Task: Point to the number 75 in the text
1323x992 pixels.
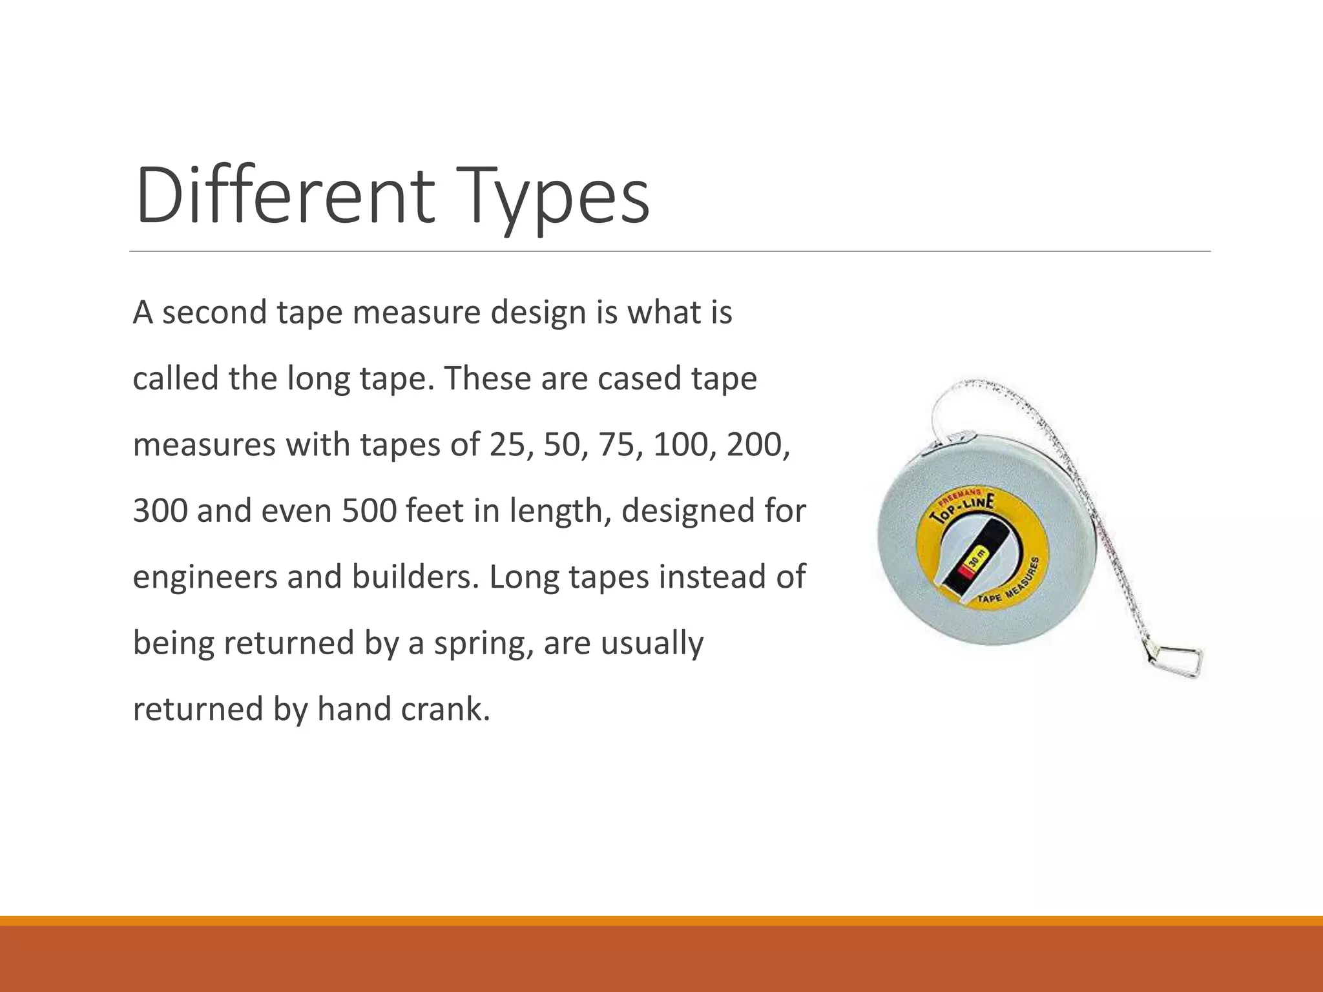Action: tap(616, 445)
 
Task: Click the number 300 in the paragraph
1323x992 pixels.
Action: tap(160, 511)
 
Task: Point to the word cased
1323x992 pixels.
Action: tap(639, 379)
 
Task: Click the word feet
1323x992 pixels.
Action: tap(433, 511)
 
